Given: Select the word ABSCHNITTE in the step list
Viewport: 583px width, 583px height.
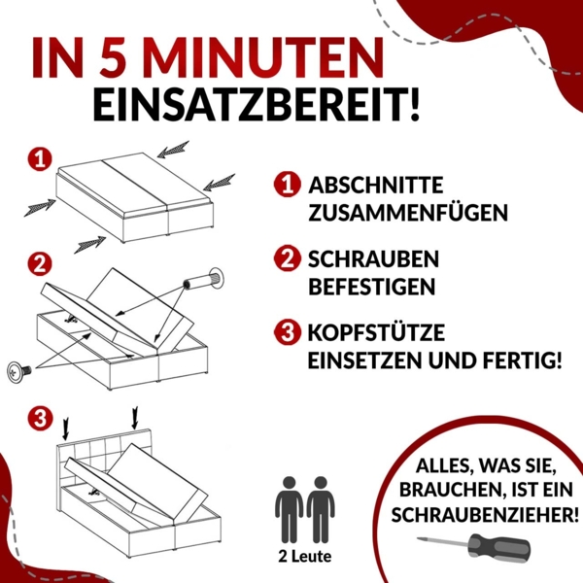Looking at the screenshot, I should [376, 185].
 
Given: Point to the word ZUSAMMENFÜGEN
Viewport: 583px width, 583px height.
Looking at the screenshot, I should [408, 213].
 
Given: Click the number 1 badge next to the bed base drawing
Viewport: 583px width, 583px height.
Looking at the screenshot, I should [39, 158].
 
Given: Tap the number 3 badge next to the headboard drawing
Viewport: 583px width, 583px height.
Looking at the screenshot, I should [39, 420].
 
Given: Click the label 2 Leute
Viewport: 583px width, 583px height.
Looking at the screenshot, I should [305, 557].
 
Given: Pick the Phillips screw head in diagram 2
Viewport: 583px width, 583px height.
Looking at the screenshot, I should [19, 371].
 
